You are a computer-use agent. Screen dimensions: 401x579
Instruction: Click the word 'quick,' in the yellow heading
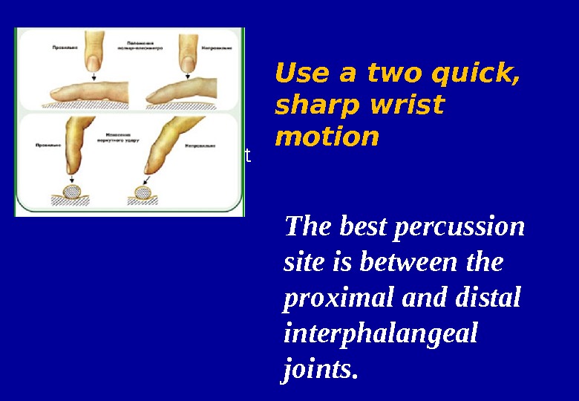point(474,74)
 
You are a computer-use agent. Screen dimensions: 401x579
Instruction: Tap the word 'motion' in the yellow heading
point(327,137)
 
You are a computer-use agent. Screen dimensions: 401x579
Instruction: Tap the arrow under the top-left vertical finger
point(94,75)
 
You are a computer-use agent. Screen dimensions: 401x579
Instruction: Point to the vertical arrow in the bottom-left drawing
point(71,178)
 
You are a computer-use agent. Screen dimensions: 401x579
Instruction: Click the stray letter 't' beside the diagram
point(249,156)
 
